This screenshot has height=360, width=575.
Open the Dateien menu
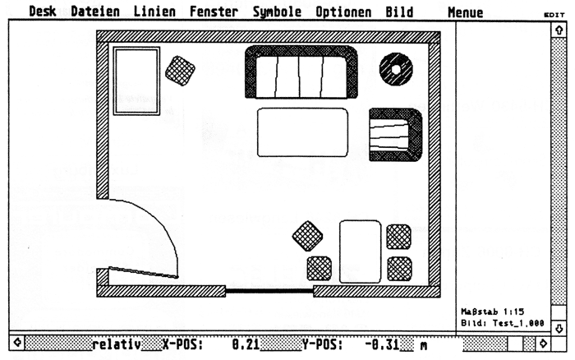click(94, 12)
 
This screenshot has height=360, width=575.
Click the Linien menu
click(154, 12)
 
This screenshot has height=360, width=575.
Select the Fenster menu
click(214, 12)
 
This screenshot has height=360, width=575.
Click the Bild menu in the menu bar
click(399, 12)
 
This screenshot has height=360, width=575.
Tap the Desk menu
click(43, 12)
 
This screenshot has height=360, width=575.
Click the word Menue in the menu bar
click(466, 12)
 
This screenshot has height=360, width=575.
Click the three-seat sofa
click(301, 74)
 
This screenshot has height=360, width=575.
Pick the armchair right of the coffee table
click(395, 134)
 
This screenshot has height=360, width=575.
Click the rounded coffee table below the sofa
click(301, 132)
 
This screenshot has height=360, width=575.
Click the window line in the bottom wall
click(269, 290)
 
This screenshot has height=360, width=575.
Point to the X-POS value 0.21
click(241, 345)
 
